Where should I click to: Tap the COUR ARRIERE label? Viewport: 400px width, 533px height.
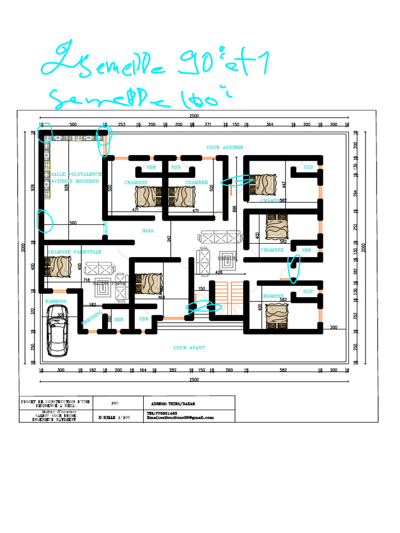coord(225,148)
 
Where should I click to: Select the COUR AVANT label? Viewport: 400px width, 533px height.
coord(189,348)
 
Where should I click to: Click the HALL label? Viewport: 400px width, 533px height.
coord(148,230)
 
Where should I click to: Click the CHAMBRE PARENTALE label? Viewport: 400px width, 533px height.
coord(74,252)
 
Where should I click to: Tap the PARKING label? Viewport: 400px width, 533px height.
coord(56,301)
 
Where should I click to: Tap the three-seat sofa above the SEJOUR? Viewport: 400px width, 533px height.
coord(219,238)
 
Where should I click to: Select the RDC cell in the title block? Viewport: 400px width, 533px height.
coord(116,403)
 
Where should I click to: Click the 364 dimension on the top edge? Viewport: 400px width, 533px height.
coord(270,125)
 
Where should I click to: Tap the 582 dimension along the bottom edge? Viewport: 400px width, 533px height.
coord(283,370)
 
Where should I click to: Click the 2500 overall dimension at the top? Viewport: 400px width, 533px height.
coord(194,116)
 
